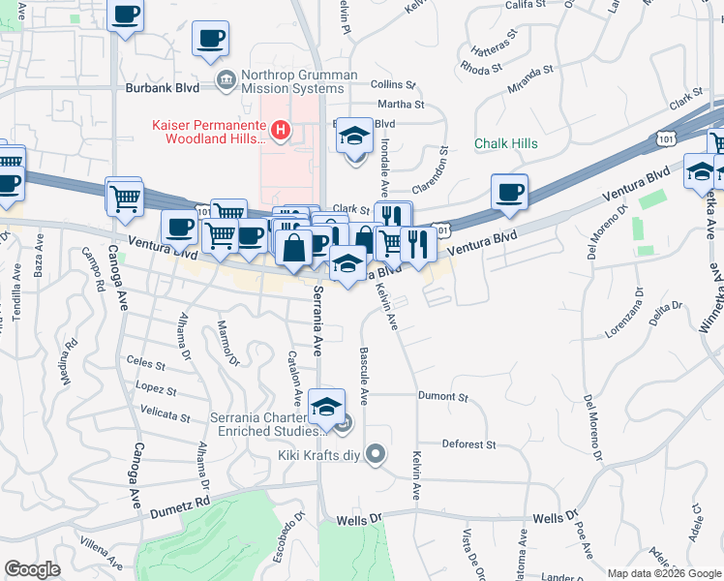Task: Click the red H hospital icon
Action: pos(281,129)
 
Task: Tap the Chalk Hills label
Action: pos(505,144)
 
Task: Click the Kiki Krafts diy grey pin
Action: pos(377,452)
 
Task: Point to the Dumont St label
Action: pos(442,397)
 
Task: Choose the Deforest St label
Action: pos(468,445)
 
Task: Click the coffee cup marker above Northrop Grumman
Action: pos(211,40)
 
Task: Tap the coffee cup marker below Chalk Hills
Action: pos(508,191)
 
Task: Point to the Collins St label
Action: pos(392,85)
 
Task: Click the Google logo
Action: pos(32,569)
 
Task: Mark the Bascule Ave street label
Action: pos(364,378)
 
